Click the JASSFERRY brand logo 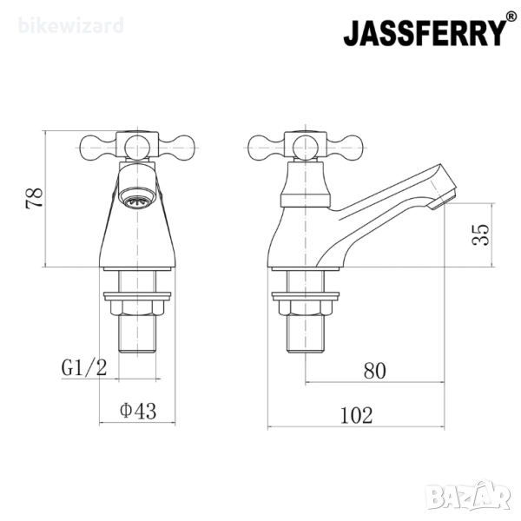click(x=425, y=33)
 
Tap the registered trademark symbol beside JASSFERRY click(x=511, y=16)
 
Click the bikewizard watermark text click(x=71, y=25)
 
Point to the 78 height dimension click(x=34, y=198)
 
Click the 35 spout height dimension click(x=480, y=234)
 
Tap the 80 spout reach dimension click(x=375, y=371)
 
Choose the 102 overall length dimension click(x=357, y=415)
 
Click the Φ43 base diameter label click(x=138, y=411)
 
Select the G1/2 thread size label click(x=84, y=367)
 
